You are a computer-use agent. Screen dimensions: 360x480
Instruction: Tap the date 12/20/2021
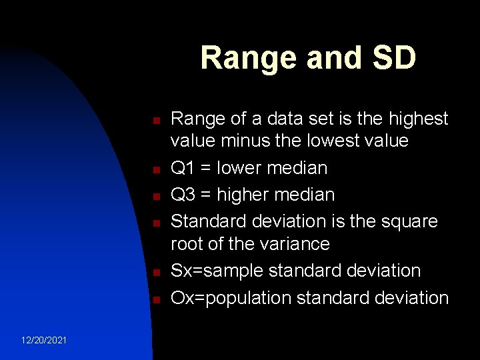pyautogui.click(x=43, y=340)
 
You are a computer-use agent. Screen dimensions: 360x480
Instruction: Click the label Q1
pyautogui.click(x=183, y=168)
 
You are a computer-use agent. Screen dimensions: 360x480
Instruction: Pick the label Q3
pyautogui.click(x=183, y=195)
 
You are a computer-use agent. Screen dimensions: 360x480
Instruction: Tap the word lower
pyautogui.click(x=241, y=168)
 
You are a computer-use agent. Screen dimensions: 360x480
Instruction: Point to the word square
pyautogui.click(x=408, y=220)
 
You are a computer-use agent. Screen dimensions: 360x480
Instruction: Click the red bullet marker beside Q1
pyautogui.click(x=153, y=171)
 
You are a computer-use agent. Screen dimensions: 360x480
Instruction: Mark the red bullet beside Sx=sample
pyautogui.click(x=153, y=273)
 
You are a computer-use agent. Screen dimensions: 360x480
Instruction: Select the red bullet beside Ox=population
pyautogui.click(x=153, y=300)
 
